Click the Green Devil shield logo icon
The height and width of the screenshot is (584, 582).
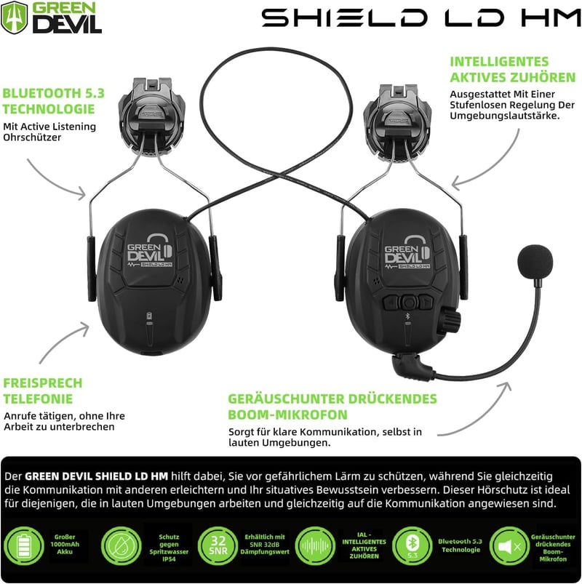click(14, 17)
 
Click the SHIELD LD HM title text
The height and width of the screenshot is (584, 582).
click(421, 18)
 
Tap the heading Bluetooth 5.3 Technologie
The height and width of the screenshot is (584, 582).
click(53, 101)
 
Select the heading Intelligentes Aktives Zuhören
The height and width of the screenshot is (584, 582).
click(513, 69)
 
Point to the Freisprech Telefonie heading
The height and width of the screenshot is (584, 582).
click(43, 391)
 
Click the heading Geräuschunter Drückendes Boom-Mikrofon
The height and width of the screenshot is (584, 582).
click(332, 407)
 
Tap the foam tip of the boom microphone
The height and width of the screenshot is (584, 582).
click(535, 262)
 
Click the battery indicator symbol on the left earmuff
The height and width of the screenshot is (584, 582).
click(149, 316)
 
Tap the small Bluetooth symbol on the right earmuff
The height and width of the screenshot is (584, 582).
click(407, 316)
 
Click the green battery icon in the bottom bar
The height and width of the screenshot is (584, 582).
click(24, 547)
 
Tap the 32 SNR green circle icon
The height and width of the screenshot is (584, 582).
click(218, 546)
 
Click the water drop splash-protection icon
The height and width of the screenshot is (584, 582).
click(121, 546)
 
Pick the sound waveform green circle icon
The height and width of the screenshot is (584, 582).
click(315, 546)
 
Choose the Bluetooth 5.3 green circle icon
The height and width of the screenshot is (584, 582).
click(412, 546)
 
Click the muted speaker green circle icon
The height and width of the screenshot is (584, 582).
click(509, 546)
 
